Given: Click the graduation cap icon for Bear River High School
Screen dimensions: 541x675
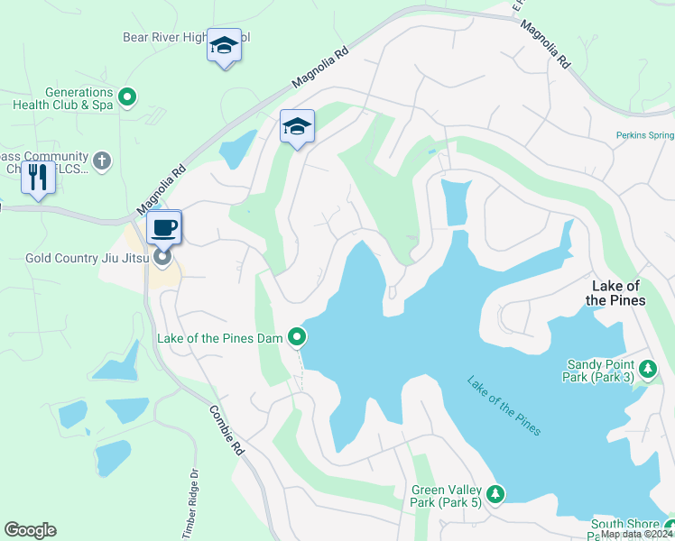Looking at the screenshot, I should [x=223, y=45].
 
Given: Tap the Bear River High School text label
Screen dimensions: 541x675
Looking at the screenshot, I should [x=185, y=37].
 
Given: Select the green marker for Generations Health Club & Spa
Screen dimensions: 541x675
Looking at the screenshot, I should [x=127, y=95].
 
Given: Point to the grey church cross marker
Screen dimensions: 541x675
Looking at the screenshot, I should [x=102, y=160].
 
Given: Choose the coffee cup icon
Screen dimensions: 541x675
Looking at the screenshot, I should [x=163, y=227].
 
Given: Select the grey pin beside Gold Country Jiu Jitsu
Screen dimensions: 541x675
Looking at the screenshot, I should [x=163, y=259].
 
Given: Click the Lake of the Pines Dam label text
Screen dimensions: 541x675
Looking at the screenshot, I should [x=220, y=338].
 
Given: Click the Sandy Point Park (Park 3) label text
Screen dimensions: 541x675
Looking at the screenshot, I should [x=599, y=371].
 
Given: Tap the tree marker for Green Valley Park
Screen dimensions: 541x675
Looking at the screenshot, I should [x=495, y=493].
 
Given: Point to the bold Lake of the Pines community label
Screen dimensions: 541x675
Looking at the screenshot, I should [x=615, y=293].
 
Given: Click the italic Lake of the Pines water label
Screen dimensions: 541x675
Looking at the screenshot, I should [x=504, y=406].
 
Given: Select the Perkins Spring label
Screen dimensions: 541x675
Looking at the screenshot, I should [x=644, y=135].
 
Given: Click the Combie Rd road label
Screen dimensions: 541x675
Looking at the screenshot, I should [x=227, y=429].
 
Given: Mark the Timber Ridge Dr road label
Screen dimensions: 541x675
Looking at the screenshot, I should [x=190, y=504].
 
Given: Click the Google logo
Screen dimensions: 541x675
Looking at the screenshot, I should [x=31, y=530].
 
